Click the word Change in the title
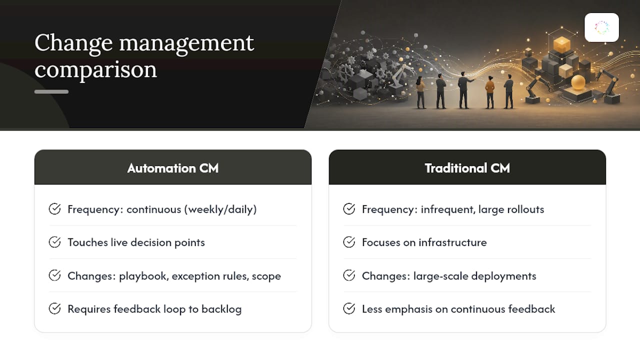(x=73, y=43)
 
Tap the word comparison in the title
(x=95, y=69)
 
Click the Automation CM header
(x=173, y=168)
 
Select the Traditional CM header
(x=467, y=168)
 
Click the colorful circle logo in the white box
(x=601, y=27)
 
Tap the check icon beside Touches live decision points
(x=54, y=242)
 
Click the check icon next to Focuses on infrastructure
(x=349, y=242)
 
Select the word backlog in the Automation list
(x=221, y=309)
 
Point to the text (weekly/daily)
(x=220, y=209)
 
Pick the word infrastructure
(x=452, y=242)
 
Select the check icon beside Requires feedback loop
(x=54, y=308)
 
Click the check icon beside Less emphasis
(x=349, y=308)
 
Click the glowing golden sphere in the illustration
(x=578, y=82)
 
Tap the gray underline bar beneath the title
(x=51, y=91)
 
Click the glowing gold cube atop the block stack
(x=561, y=44)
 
